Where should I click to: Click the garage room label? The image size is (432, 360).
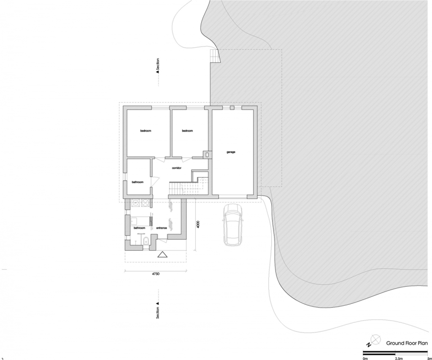point(231,152)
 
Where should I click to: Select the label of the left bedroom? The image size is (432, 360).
point(146,131)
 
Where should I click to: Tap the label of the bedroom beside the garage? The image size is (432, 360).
point(187,131)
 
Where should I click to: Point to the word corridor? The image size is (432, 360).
point(177,168)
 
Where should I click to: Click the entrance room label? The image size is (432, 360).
point(162,228)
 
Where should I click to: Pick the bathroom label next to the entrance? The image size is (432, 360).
point(139,228)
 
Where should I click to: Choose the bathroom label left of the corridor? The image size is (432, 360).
point(138,182)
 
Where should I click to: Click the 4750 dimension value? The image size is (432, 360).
point(156,274)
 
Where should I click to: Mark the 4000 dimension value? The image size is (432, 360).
point(198,225)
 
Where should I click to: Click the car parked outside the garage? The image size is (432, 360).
point(233,225)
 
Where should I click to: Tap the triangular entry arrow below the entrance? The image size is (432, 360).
point(162,254)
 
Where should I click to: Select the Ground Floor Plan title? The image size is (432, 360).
point(407,343)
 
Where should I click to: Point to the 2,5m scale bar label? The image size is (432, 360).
point(399,358)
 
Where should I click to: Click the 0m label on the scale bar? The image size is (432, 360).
point(365,358)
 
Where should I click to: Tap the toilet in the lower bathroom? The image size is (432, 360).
point(146,241)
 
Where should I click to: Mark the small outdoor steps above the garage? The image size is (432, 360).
point(215,56)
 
